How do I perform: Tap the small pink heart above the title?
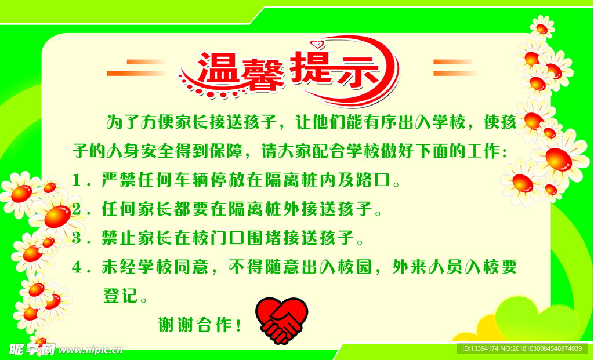316,43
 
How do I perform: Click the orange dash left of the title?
136,67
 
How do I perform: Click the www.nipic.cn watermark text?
90,350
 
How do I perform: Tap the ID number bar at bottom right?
521,348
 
